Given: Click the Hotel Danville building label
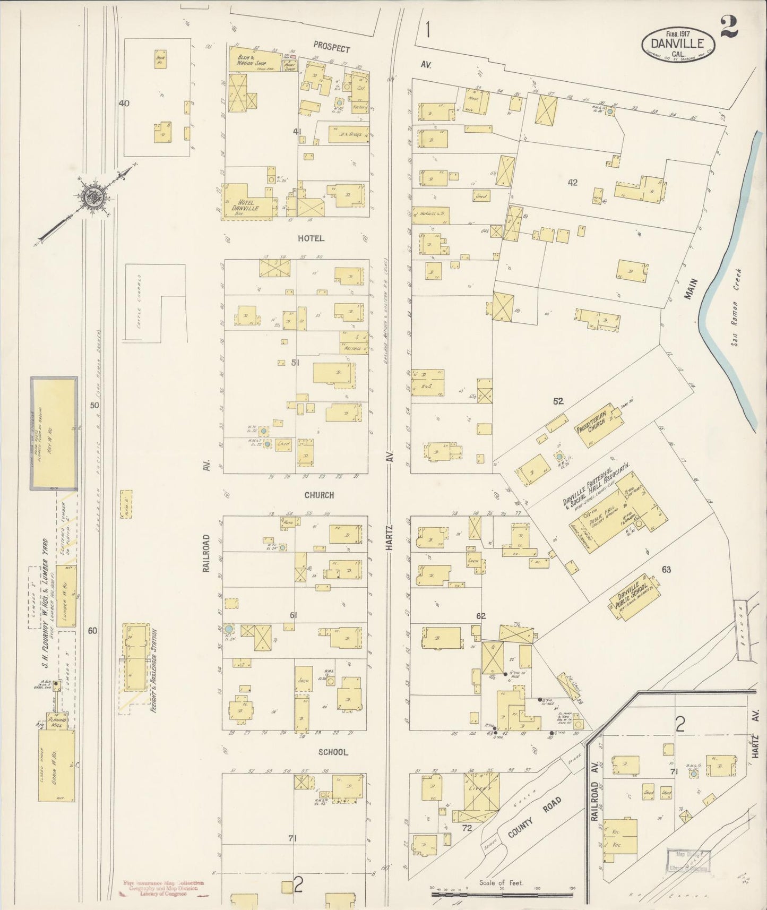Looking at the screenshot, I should (x=245, y=205).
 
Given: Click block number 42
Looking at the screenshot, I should (x=572, y=183).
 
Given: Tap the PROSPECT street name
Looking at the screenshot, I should (x=331, y=48).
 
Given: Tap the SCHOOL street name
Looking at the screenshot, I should (x=333, y=752).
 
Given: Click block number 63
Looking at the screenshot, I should (x=666, y=570).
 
